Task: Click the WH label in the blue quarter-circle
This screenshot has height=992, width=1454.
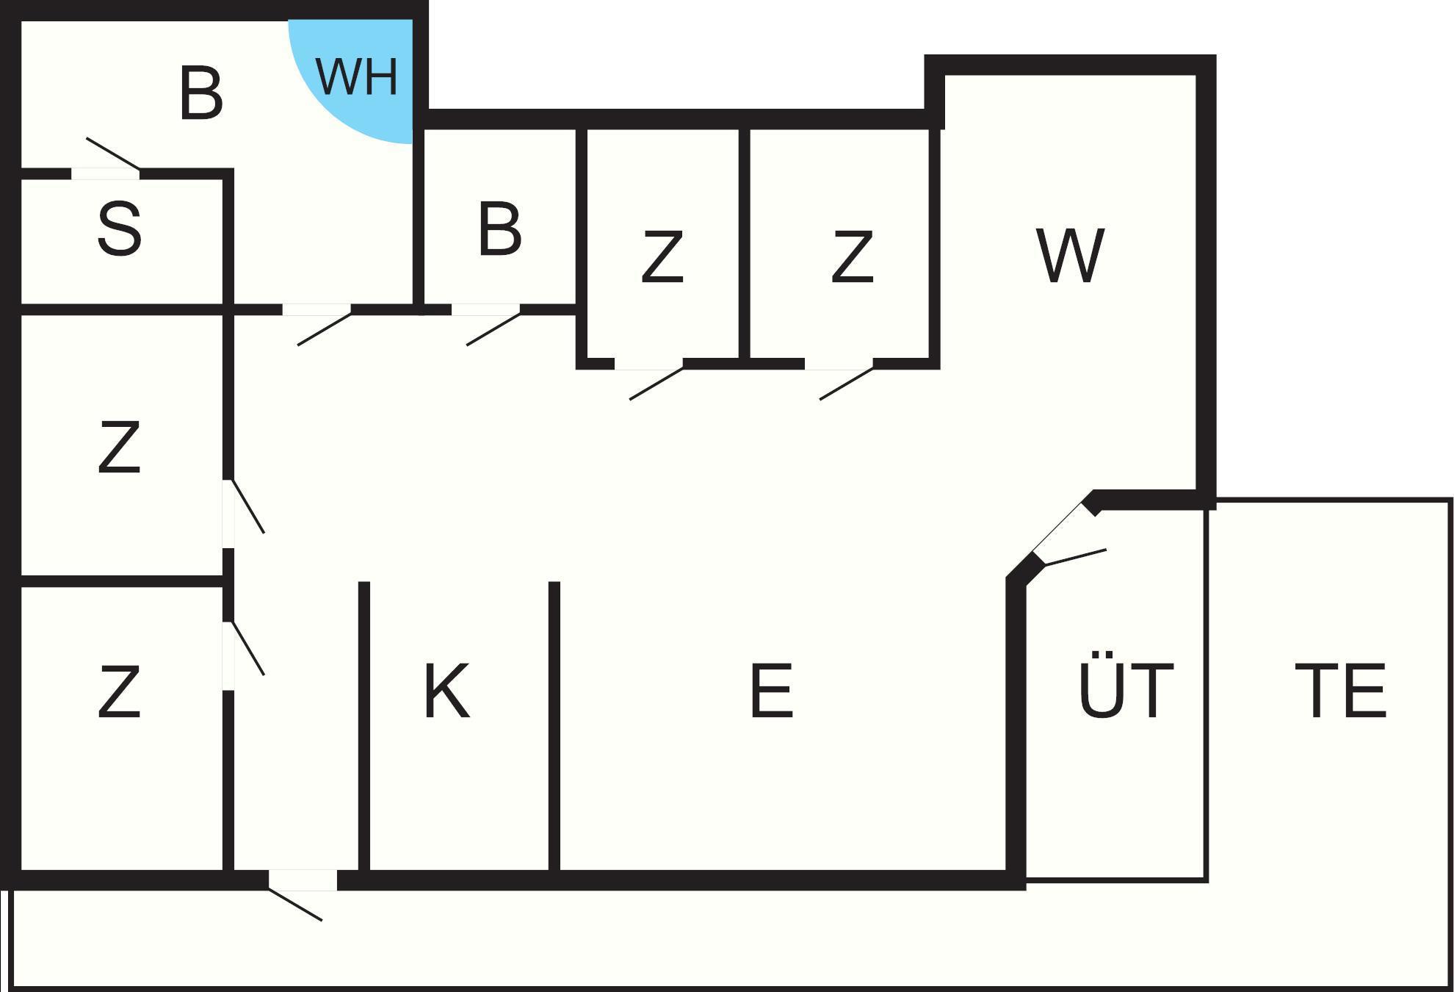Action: [357, 76]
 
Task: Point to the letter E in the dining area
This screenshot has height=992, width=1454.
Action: [771, 691]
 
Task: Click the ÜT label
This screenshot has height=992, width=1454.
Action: [1126, 691]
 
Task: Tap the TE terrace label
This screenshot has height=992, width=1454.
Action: [1340, 691]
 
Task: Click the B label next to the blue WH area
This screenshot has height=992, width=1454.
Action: [200, 93]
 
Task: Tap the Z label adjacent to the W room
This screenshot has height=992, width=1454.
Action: [852, 256]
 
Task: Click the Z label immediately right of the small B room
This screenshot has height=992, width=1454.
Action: [662, 256]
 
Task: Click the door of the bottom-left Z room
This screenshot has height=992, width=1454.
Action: [248, 648]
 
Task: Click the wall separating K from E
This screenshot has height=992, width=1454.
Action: [554, 727]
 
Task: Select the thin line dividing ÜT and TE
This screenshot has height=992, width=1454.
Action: [1207, 691]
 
